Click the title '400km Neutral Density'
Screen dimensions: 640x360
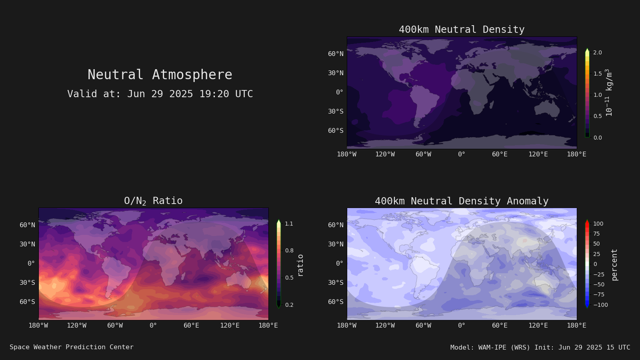[462, 30]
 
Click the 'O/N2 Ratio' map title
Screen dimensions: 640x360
[153, 201]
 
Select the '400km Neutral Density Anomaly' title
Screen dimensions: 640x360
[462, 201]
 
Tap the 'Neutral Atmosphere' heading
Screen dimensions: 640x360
[160, 74]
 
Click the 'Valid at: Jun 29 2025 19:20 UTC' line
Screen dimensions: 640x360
[160, 94]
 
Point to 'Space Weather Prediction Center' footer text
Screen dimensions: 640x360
[72, 347]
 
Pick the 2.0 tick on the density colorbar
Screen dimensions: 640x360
[598, 52]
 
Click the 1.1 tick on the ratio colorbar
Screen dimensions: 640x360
[289, 224]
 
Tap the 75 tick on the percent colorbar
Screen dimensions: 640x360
[596, 234]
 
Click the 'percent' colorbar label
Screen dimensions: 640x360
[614, 265]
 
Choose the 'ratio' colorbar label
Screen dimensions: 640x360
[300, 266]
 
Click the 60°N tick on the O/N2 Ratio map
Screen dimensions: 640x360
[28, 225]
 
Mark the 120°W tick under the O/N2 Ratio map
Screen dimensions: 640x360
[76, 326]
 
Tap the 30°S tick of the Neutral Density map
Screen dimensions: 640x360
[336, 112]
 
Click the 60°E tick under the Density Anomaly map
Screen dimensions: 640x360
[500, 326]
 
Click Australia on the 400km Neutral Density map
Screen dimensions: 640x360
[546, 109]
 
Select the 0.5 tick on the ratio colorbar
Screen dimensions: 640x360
[289, 278]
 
